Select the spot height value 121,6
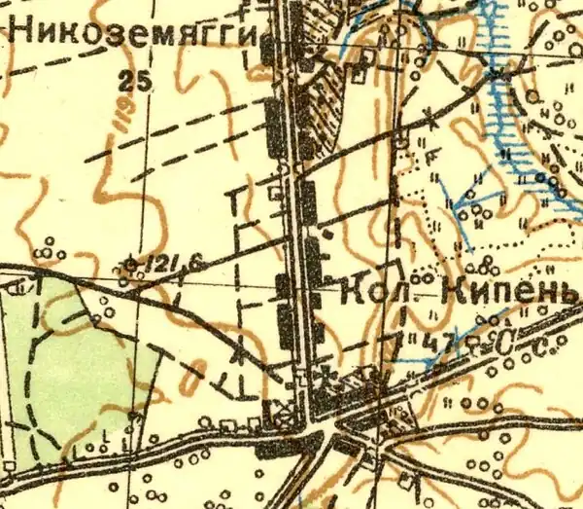coord(162,263)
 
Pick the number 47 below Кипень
coord(429,345)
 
